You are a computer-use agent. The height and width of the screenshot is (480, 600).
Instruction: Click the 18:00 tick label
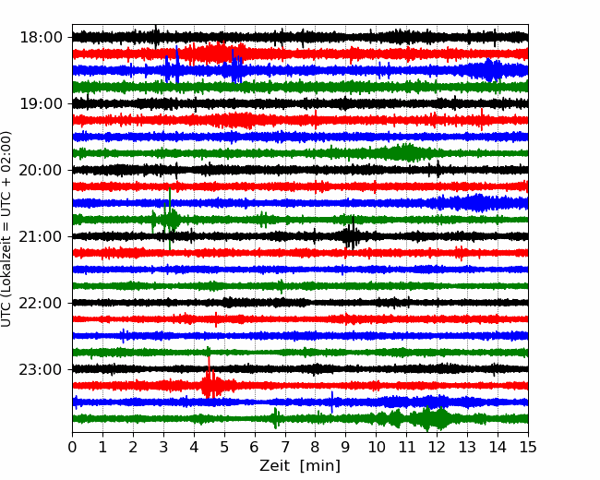click(41, 38)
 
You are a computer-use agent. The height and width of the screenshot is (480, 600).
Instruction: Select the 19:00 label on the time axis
click(41, 103)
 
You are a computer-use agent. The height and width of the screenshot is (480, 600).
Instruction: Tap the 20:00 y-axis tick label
click(41, 170)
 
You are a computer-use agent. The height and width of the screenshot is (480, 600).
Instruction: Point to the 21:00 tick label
click(41, 236)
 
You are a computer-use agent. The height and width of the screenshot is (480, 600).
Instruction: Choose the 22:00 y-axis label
click(41, 303)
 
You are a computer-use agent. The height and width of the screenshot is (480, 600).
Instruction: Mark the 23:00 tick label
click(41, 369)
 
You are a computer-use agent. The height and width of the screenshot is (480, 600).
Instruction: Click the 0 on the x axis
click(72, 447)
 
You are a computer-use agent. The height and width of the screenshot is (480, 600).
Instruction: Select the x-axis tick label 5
click(224, 447)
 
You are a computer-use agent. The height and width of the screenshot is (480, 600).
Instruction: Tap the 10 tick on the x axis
click(376, 447)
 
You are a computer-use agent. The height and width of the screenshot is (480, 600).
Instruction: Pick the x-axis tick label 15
click(528, 447)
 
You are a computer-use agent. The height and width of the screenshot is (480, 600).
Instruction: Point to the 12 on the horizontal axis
click(437, 447)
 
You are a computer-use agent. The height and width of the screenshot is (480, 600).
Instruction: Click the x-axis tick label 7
click(285, 447)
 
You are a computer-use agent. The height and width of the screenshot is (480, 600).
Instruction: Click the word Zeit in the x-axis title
click(275, 466)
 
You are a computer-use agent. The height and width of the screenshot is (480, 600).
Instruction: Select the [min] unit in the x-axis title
click(320, 466)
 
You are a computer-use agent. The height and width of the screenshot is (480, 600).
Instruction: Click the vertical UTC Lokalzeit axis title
click(6, 229)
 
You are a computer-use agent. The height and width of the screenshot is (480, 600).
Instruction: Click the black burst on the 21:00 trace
click(352, 234)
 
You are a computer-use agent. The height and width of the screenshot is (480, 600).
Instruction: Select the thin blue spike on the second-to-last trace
click(331, 402)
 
